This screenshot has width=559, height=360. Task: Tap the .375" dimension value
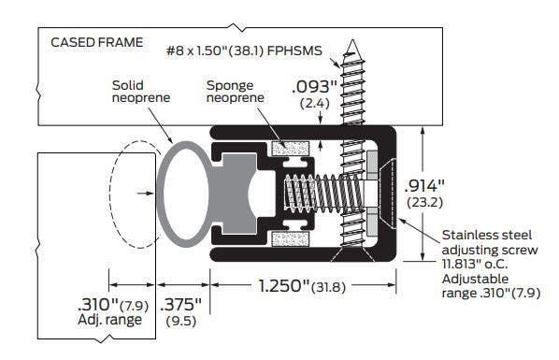click(x=180, y=304)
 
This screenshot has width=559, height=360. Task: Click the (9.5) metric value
click(x=180, y=321)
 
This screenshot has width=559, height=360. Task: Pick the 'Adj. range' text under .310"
click(x=111, y=321)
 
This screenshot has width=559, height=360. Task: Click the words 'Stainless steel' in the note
click(x=475, y=237)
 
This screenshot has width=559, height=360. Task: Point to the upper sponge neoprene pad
click(x=289, y=150)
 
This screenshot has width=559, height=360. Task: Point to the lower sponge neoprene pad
click(x=289, y=240)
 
